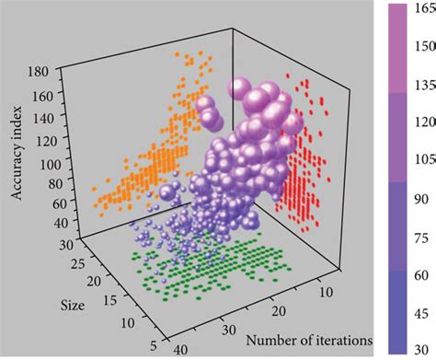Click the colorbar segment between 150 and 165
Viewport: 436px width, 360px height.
[x=396, y=29]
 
